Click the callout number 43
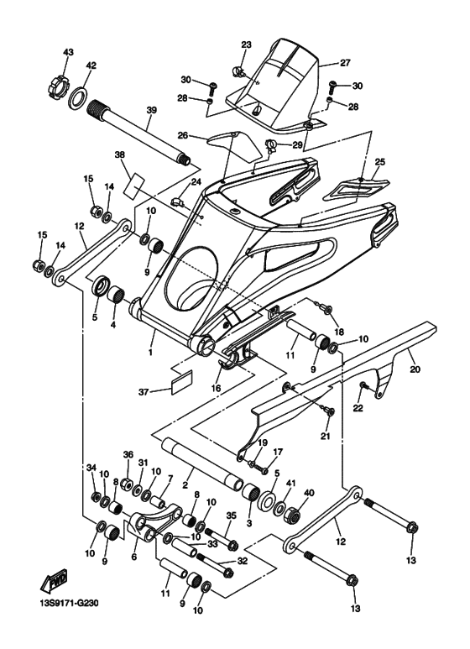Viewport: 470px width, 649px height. tap(68, 53)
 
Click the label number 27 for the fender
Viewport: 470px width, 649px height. tap(344, 62)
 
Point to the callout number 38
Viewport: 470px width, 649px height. tap(119, 155)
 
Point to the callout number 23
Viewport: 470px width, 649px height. tap(247, 44)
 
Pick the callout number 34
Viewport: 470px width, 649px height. tap(92, 468)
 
